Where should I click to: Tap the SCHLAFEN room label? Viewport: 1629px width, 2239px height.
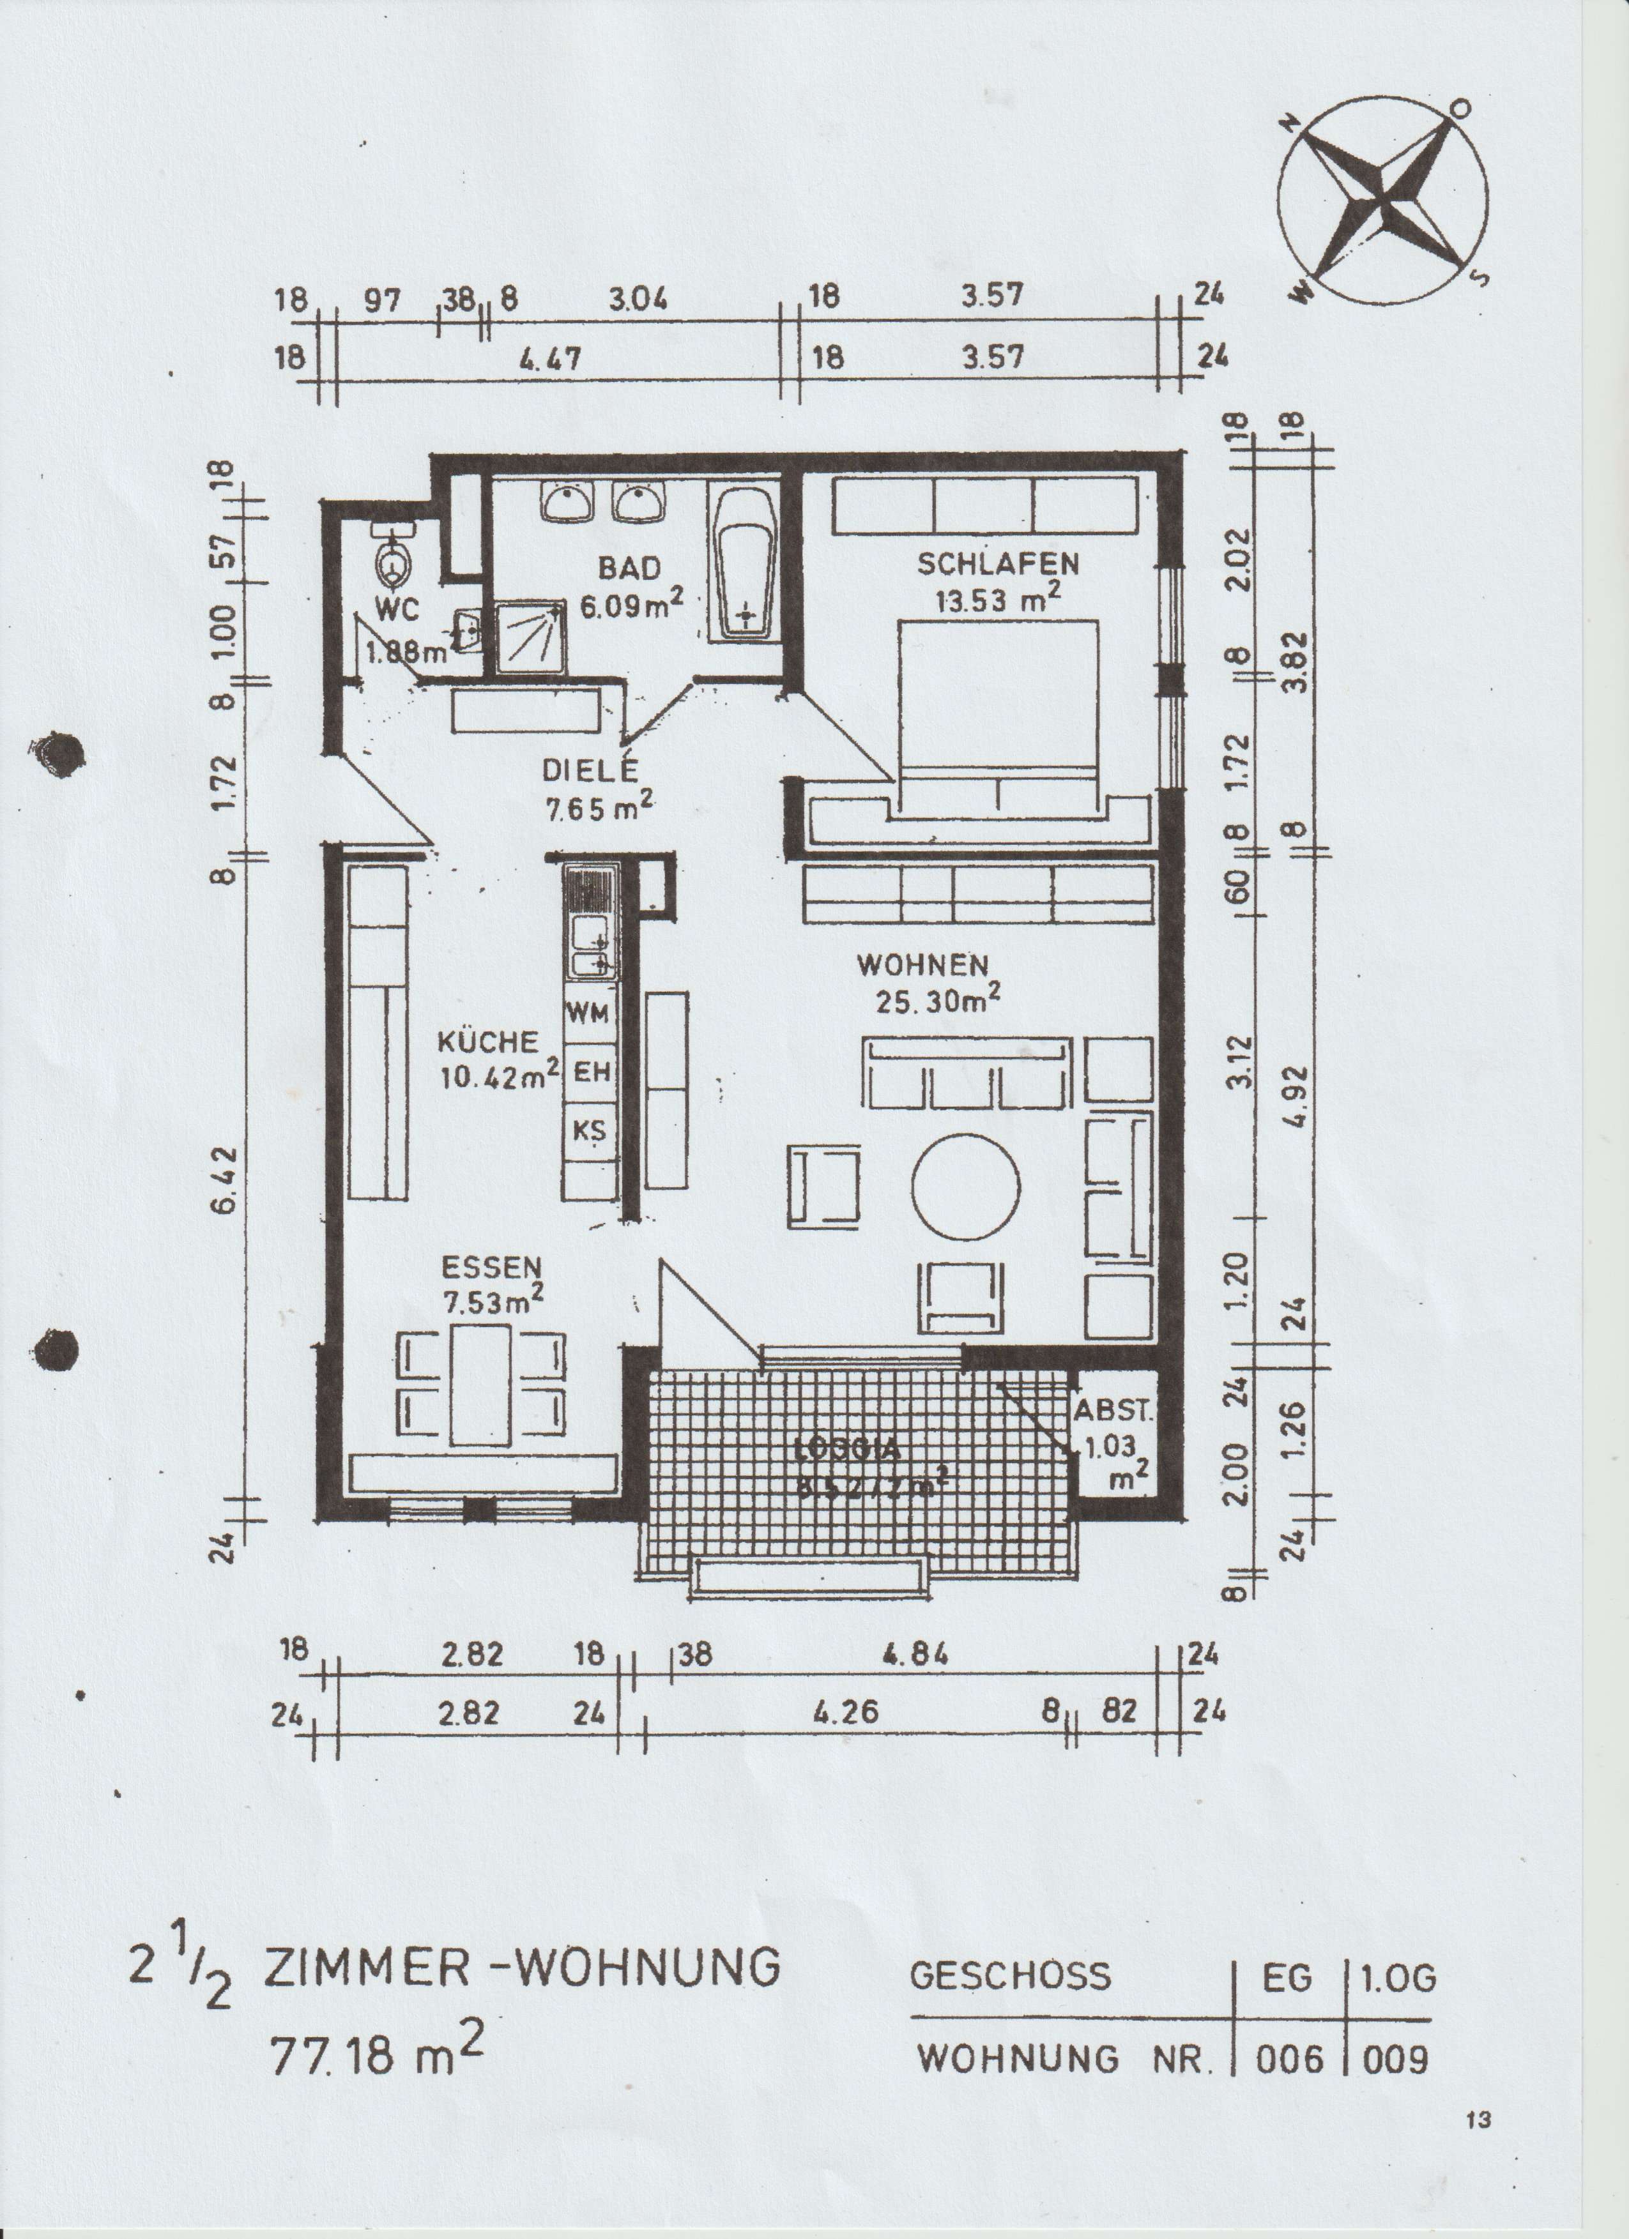pos(997,564)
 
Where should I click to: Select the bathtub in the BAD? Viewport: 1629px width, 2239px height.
pos(746,563)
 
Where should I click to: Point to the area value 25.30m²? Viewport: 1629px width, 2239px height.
pos(938,1001)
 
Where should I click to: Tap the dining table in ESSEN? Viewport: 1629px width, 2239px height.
pos(481,1385)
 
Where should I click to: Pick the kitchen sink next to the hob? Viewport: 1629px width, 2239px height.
pos(590,946)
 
